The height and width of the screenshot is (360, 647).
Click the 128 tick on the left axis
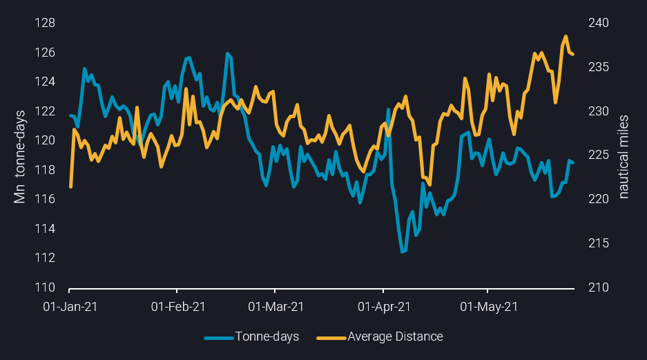(x=46, y=23)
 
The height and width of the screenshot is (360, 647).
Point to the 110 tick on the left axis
(x=46, y=287)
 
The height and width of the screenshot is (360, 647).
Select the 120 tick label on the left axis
(x=46, y=140)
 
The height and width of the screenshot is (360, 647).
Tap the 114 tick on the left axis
(x=46, y=229)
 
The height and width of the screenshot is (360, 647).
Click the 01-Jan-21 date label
(x=70, y=305)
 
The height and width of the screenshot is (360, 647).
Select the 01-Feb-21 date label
(x=178, y=305)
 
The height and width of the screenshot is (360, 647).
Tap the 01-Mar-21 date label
(x=276, y=305)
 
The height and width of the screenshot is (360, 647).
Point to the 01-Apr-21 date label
(x=383, y=305)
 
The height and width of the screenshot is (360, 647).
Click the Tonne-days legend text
(x=267, y=337)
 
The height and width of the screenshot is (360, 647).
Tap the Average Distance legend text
(x=396, y=337)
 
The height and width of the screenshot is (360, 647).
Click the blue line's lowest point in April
(x=403, y=252)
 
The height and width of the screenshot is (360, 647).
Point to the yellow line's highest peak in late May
(x=566, y=36)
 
